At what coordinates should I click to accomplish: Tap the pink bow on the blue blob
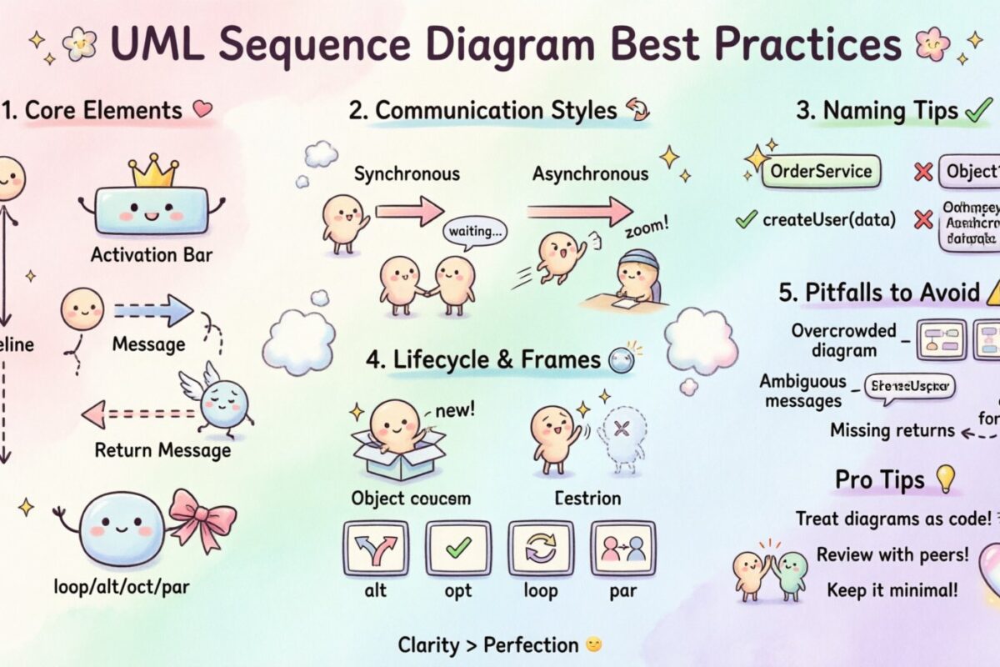click(x=202, y=518)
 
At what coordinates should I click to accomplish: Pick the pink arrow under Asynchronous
click(x=579, y=210)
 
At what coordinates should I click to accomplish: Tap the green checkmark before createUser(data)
click(x=745, y=220)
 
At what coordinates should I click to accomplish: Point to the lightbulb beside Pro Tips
click(x=945, y=478)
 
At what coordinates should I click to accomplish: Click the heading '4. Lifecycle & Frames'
click(x=482, y=359)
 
